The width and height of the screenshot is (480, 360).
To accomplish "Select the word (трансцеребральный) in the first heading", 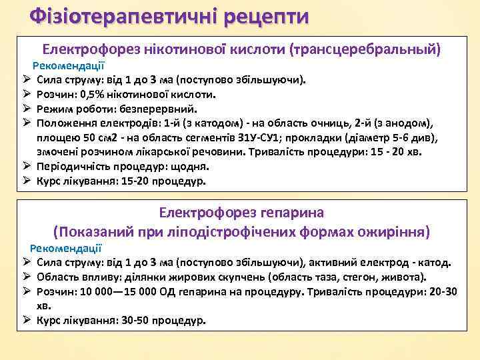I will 365,49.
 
